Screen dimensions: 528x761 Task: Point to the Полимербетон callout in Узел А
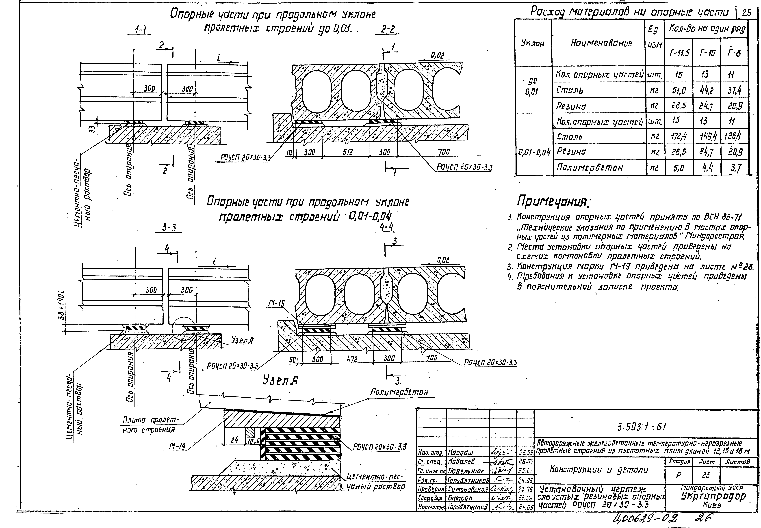pyautogui.click(x=399, y=392)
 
